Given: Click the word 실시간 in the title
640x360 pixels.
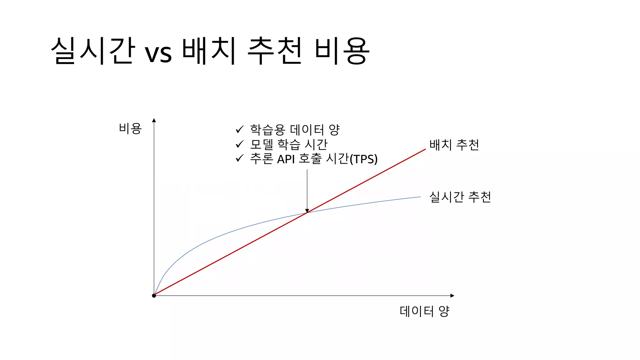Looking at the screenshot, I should (93, 51).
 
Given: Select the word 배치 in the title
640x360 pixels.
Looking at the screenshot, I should (208, 51).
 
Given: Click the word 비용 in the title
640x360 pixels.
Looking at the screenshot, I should (342, 51).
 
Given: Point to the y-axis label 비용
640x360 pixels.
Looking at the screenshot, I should (130, 128).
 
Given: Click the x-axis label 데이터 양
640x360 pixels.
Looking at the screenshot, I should (424, 311).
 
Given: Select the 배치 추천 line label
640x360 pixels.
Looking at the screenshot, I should (454, 145).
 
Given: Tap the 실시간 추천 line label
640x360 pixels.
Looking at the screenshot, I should (460, 197).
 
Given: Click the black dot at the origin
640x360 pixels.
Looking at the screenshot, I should (154, 296).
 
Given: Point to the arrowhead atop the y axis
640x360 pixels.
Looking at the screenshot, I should (154, 120).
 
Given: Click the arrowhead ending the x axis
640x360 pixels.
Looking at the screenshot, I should (452, 296).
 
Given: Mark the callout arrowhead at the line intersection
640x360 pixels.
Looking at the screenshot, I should (307, 211).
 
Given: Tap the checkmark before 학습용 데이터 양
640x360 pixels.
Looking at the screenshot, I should (239, 129).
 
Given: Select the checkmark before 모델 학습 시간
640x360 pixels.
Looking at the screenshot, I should (239, 144).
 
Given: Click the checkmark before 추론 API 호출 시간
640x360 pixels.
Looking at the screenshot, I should (239, 158).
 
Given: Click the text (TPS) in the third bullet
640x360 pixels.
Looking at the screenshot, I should (363, 159).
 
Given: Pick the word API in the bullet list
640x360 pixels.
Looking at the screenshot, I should (286, 159).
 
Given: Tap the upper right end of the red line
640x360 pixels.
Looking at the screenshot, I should (425, 149).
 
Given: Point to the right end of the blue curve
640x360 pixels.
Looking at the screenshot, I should (420, 197).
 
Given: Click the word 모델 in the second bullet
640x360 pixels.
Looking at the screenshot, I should (262, 144).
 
